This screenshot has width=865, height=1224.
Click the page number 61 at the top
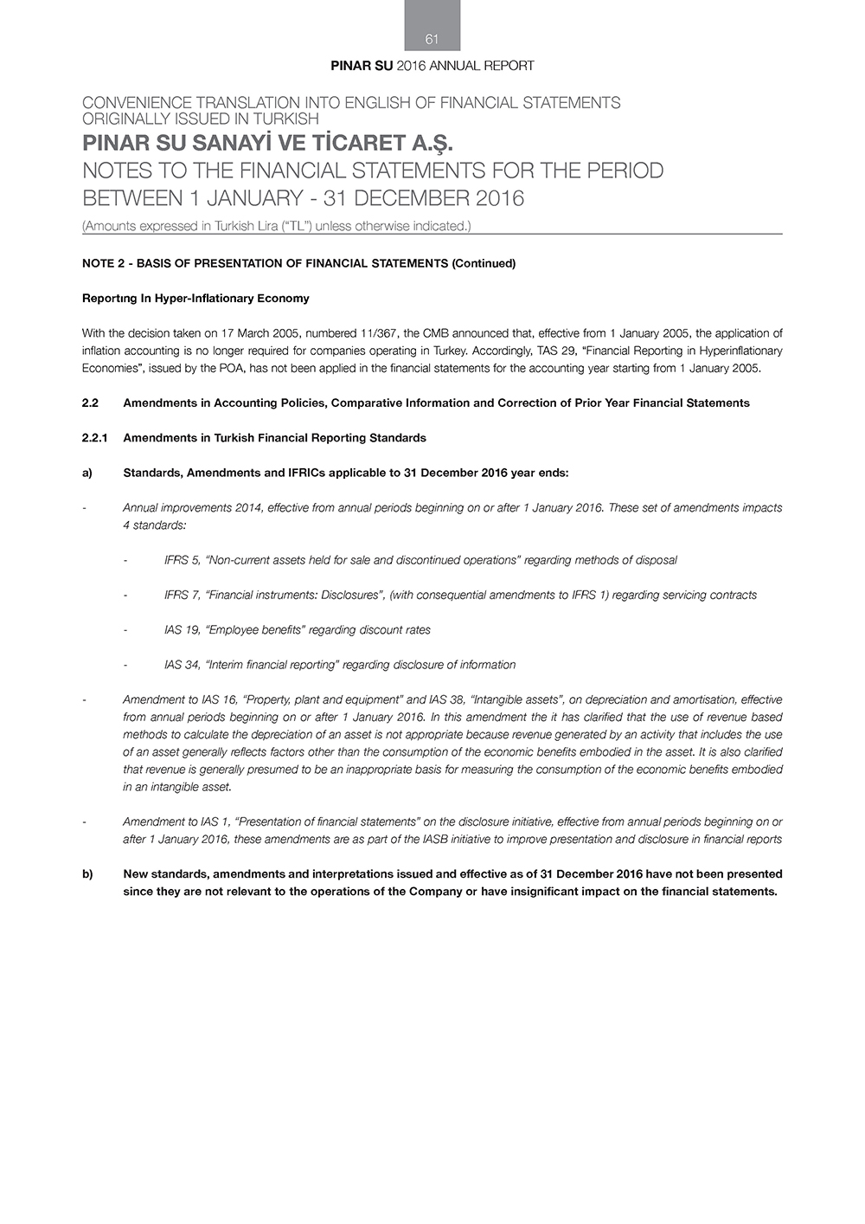[x=432, y=39]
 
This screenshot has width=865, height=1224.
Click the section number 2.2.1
[x=93, y=438]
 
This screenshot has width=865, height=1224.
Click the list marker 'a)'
[x=87, y=473]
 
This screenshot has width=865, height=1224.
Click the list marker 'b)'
[x=87, y=874]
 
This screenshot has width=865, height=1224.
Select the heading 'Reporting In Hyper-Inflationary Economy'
[x=195, y=299]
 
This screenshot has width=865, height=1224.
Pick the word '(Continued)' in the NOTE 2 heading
[x=484, y=263]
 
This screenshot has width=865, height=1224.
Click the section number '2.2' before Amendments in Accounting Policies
[x=90, y=403]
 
